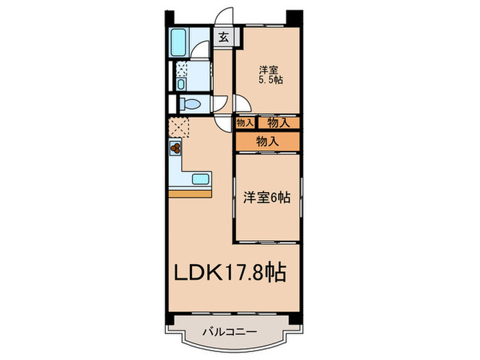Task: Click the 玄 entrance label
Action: (224, 38)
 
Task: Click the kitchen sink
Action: (200, 180)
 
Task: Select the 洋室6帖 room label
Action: (266, 197)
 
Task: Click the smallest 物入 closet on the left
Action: (245, 123)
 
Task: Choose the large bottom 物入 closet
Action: (267, 142)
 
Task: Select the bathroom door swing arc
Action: (200, 51)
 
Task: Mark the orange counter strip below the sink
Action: (191, 194)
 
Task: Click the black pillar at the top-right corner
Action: (294, 16)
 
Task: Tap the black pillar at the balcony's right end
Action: (294, 319)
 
